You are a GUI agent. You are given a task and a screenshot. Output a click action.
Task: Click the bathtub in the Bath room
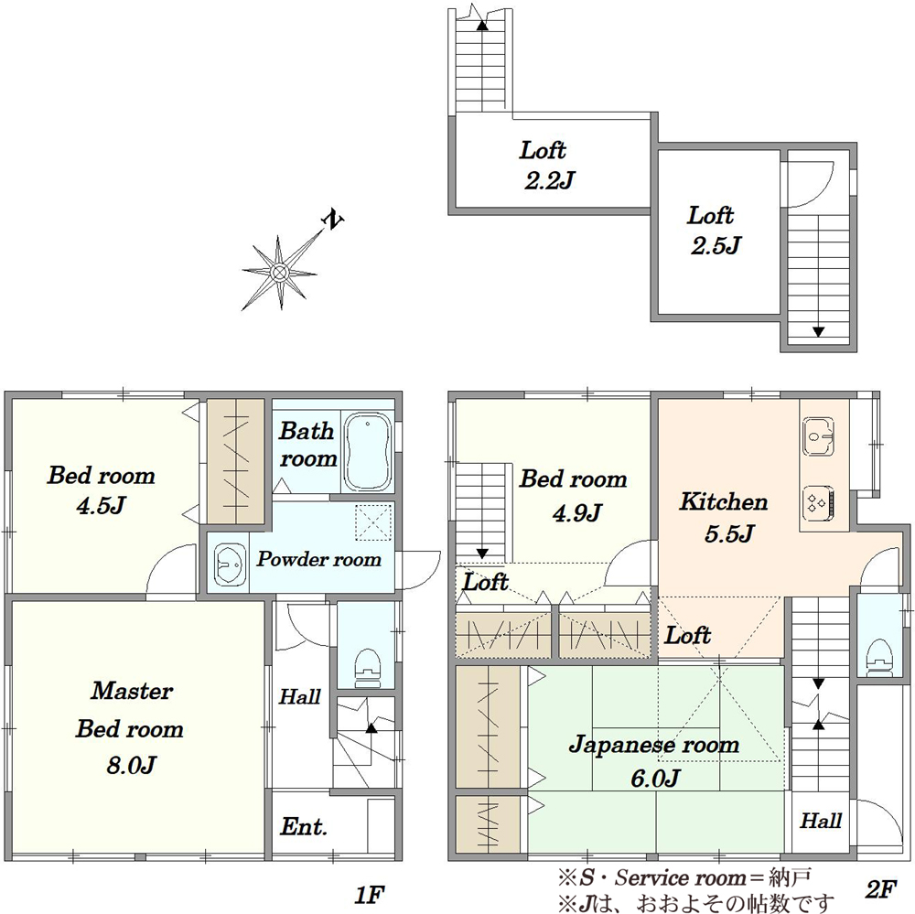coord(367,453)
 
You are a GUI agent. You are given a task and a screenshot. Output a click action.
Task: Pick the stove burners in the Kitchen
coord(819,502)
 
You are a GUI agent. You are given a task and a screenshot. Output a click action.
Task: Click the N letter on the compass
coord(333,220)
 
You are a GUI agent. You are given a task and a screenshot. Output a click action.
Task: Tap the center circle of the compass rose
coord(279,272)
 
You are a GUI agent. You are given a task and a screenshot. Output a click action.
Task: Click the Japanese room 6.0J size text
coord(656,779)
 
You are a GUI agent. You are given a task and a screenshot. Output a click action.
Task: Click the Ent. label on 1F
coord(304,826)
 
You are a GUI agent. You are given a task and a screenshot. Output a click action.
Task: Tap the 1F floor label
coord(370,894)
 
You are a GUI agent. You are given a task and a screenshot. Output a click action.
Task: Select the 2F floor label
coord(881,889)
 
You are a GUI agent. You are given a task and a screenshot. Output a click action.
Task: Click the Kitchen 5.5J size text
coord(729,534)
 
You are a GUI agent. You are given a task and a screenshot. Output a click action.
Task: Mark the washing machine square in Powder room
coord(373,522)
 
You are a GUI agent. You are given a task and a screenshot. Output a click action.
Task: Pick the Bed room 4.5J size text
coord(101,505)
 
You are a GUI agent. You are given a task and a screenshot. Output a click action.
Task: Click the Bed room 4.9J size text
coord(576,513)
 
